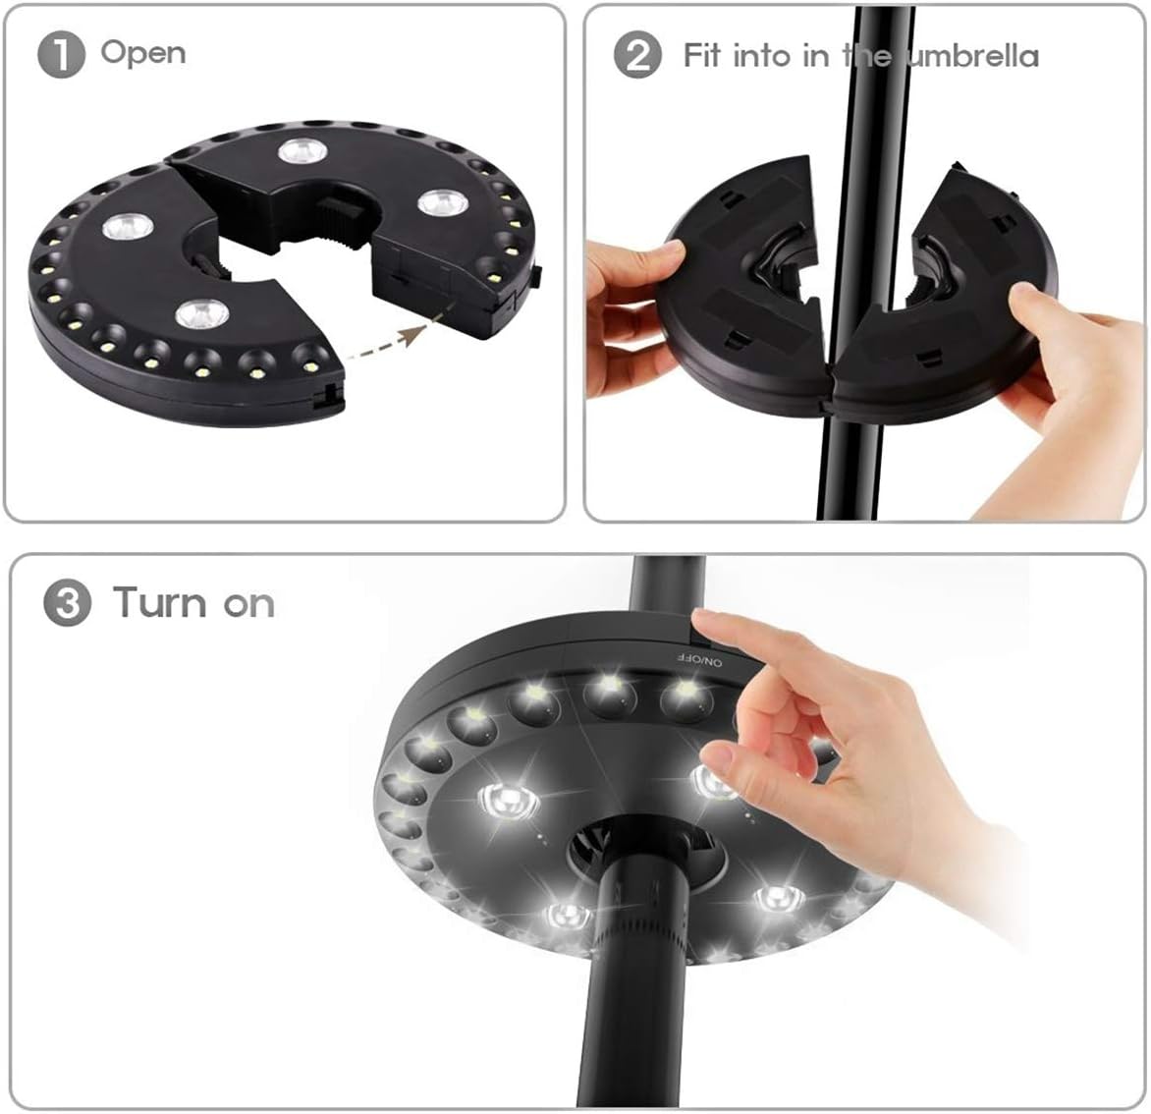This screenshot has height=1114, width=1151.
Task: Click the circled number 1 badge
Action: click(61, 55)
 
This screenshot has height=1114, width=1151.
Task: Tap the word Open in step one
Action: click(142, 52)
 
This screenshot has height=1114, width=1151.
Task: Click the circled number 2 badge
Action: click(637, 55)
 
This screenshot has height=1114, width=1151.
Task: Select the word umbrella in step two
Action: click(972, 56)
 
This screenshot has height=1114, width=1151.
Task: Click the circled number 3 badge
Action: click(67, 602)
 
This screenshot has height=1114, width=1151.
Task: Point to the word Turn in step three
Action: click(161, 601)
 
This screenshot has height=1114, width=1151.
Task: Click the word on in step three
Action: click(248, 604)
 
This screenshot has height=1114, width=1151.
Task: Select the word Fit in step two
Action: click(703, 55)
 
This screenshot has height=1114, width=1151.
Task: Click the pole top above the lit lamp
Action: click(667, 585)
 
